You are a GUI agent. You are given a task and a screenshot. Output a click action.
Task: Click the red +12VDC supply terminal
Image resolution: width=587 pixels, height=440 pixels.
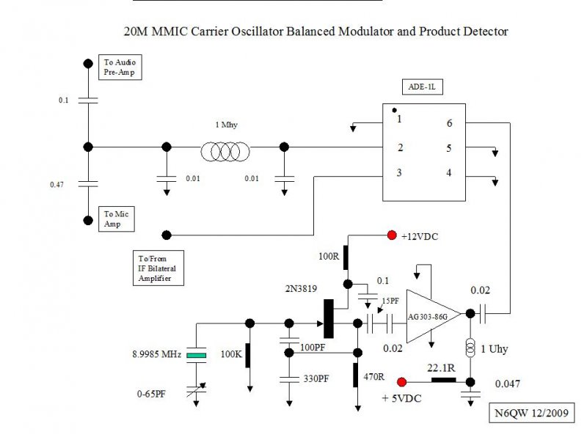pyautogui.click(x=392, y=235)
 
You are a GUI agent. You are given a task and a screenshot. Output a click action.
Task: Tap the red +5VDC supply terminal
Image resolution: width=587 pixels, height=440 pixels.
pyautogui.click(x=401, y=382)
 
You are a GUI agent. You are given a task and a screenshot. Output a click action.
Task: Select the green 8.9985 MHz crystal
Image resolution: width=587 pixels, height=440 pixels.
pyautogui.click(x=196, y=355)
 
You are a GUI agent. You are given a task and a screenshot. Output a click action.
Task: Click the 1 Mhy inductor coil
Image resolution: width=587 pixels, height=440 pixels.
pyautogui.click(x=225, y=152)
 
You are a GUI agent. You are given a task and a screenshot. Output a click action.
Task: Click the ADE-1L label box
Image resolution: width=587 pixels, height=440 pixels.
pyautogui.click(x=423, y=87)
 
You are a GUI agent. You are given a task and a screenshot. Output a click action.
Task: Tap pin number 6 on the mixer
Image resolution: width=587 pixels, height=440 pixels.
pyautogui.click(x=449, y=123)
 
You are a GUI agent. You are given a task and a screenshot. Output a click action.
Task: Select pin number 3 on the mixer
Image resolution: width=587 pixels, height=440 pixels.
pyautogui.click(x=399, y=172)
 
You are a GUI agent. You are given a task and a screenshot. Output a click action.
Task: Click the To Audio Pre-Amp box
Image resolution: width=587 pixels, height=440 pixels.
pyautogui.click(x=120, y=67)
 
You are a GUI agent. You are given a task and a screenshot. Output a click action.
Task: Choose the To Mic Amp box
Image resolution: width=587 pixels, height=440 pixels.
pyautogui.click(x=117, y=219)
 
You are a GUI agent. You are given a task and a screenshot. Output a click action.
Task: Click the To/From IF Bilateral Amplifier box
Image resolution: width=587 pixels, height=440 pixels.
pyautogui.click(x=158, y=268)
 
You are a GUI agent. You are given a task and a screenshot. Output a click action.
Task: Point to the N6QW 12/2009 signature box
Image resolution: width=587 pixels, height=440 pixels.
pyautogui.click(x=531, y=413)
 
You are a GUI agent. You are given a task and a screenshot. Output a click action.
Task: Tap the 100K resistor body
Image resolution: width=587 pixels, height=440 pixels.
pyautogui.click(x=248, y=355)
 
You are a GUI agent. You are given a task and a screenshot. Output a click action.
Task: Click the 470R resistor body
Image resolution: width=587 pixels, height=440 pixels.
pyautogui.click(x=356, y=375)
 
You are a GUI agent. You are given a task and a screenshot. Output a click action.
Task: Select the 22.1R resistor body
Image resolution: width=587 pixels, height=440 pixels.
pyautogui.click(x=444, y=380)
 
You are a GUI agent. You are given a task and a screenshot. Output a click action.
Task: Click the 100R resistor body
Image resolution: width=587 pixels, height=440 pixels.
pyautogui.click(x=346, y=257)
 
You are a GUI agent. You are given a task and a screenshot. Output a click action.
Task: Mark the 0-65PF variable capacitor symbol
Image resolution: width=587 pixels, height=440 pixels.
pyautogui.click(x=196, y=390)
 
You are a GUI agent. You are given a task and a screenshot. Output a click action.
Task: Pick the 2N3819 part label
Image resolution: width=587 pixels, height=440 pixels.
pyautogui.click(x=301, y=288)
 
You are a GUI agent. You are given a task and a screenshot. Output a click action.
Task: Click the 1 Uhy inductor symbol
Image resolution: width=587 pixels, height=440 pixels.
pyautogui.click(x=470, y=347)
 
